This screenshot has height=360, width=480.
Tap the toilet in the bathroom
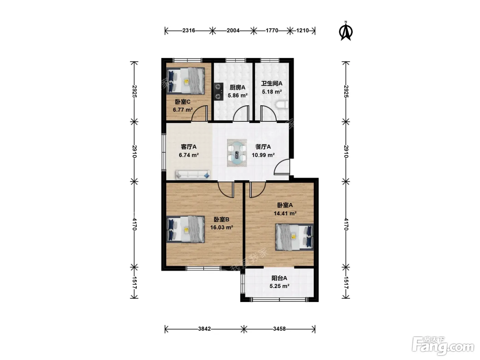point(282,105)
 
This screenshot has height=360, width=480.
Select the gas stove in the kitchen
point(218,92)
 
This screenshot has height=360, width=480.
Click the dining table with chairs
point(237,153)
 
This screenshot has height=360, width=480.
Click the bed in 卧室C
point(185,81)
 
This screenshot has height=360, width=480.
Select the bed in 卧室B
point(185,229)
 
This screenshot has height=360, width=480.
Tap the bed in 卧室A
point(294,237)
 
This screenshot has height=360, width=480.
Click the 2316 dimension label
point(189,31)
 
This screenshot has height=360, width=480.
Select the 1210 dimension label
point(302,31)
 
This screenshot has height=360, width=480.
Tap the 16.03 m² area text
point(221,227)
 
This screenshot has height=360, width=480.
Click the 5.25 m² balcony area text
point(279,286)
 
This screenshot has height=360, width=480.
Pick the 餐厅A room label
point(263,147)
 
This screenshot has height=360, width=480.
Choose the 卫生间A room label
point(272,83)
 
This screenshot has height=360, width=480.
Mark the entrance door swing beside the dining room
point(282,167)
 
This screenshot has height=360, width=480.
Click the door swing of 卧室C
point(200,113)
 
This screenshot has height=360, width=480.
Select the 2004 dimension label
point(233,31)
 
